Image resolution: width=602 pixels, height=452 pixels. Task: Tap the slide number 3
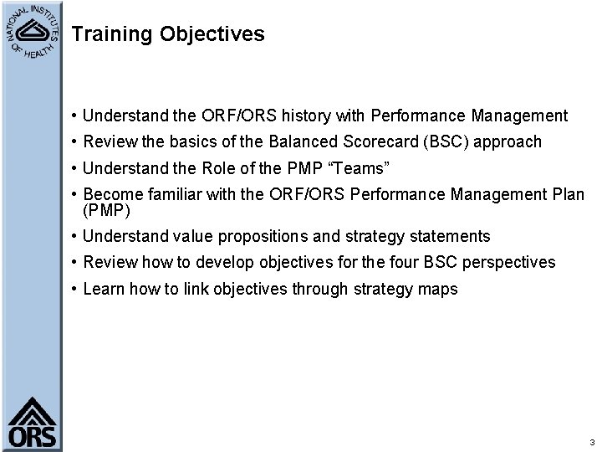point(590,442)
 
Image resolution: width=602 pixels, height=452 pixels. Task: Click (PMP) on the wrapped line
point(106,209)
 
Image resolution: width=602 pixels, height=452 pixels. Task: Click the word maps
point(440,290)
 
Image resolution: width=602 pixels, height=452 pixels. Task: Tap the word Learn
point(102,290)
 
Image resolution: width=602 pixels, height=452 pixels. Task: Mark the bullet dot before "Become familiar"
point(75,195)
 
